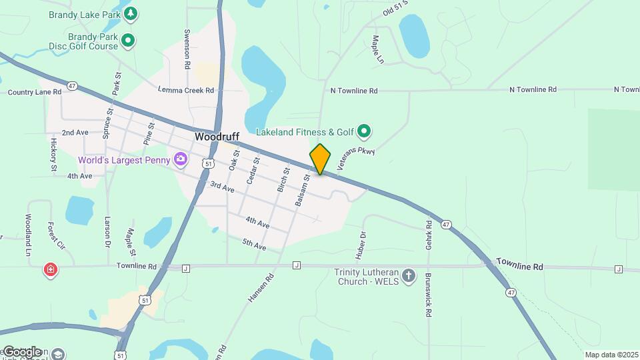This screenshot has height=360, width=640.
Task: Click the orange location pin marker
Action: [320, 159]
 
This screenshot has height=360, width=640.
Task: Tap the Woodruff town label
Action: [217, 136]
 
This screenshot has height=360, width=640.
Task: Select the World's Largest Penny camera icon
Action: [180, 159]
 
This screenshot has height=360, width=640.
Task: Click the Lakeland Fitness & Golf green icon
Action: [363, 131]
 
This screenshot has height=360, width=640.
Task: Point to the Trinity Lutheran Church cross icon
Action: [409, 275]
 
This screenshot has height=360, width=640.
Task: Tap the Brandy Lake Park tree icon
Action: [131, 13]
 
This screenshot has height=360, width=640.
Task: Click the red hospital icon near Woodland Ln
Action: [50, 270]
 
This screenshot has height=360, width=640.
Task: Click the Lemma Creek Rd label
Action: [186, 89]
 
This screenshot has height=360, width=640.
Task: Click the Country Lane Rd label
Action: [35, 92]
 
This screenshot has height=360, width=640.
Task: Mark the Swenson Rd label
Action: [188, 49]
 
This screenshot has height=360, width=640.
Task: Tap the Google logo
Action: [22, 352]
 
